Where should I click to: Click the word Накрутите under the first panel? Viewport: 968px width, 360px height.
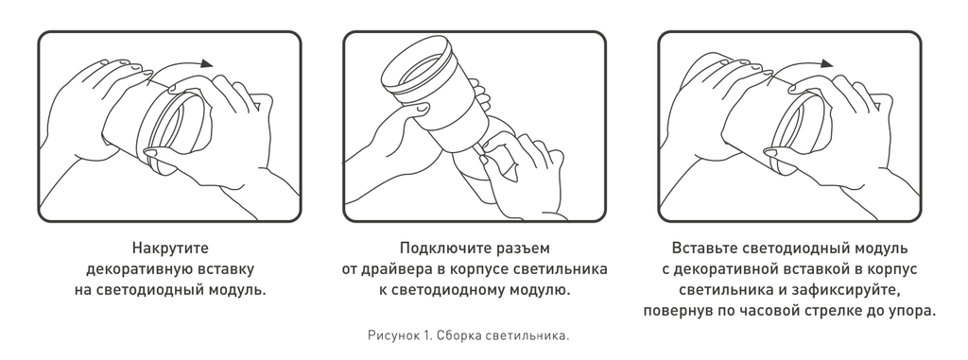point(170,249)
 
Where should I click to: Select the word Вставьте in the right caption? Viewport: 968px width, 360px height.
point(703,249)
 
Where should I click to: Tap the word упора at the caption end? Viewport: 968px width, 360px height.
point(911,312)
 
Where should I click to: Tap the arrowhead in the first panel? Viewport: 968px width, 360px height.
point(207,62)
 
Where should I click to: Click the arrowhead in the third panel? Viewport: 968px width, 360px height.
point(826,63)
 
